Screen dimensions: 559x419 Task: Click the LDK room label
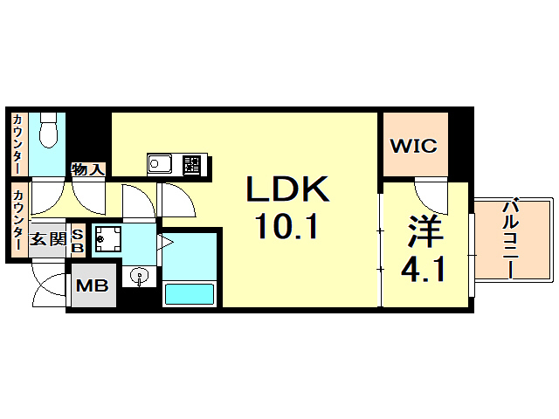point(287,189)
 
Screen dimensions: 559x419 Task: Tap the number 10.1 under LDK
point(286,226)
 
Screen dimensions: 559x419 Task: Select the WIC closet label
point(413,146)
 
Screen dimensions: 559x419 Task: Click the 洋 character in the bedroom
point(425,231)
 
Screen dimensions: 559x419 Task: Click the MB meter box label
point(93,285)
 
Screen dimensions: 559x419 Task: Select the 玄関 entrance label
point(48,238)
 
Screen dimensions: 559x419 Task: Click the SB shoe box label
point(77,241)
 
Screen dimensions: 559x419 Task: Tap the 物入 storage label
point(88,169)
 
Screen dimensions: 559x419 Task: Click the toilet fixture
point(48,130)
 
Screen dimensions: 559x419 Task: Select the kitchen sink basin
point(160,164)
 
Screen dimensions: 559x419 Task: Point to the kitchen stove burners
point(191,165)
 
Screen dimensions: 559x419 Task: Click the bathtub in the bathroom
point(190,294)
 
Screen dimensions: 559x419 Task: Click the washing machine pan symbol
point(108,238)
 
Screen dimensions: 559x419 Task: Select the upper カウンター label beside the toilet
point(17,143)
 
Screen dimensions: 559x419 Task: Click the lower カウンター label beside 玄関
point(17,220)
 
